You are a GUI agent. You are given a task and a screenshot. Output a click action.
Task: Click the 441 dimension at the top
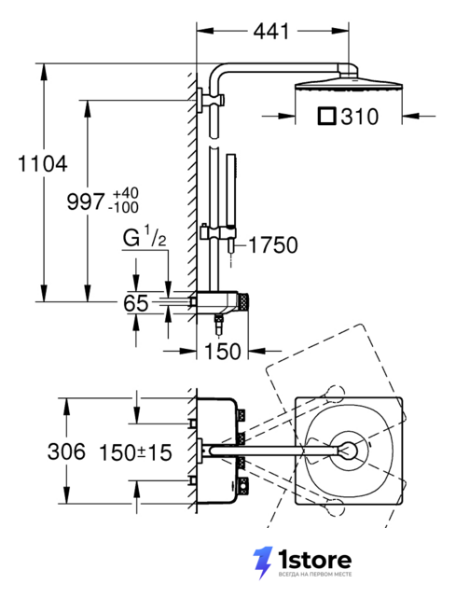pyautogui.click(x=271, y=31)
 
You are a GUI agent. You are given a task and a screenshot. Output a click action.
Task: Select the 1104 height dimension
pyautogui.click(x=43, y=164)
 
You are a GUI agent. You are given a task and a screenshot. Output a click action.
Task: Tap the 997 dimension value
pyautogui.click(x=85, y=201)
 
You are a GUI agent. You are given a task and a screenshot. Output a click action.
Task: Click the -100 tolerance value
pyautogui.click(x=123, y=208)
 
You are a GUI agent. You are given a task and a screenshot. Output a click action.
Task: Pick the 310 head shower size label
pyautogui.click(x=360, y=117)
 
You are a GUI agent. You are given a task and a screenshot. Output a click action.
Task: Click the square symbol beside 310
pyautogui.click(x=327, y=117)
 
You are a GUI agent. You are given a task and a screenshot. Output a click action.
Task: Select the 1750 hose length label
pyautogui.click(x=273, y=245)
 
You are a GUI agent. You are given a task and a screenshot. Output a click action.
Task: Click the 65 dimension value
pyautogui.click(x=135, y=303)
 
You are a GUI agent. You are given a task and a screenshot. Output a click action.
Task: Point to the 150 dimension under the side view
pyautogui.click(x=223, y=351)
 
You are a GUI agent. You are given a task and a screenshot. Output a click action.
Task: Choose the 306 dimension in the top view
pyautogui.click(x=66, y=451)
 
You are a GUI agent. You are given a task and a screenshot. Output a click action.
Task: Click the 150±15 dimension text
pyautogui.click(x=135, y=453)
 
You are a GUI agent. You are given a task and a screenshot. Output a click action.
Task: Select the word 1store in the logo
pyautogui.click(x=314, y=560)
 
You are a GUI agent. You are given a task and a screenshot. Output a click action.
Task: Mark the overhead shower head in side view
pyautogui.click(x=348, y=85)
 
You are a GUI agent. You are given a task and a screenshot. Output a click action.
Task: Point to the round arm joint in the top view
pyautogui.click(x=348, y=451)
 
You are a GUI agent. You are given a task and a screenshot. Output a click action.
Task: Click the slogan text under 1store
pyautogui.click(x=315, y=575)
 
